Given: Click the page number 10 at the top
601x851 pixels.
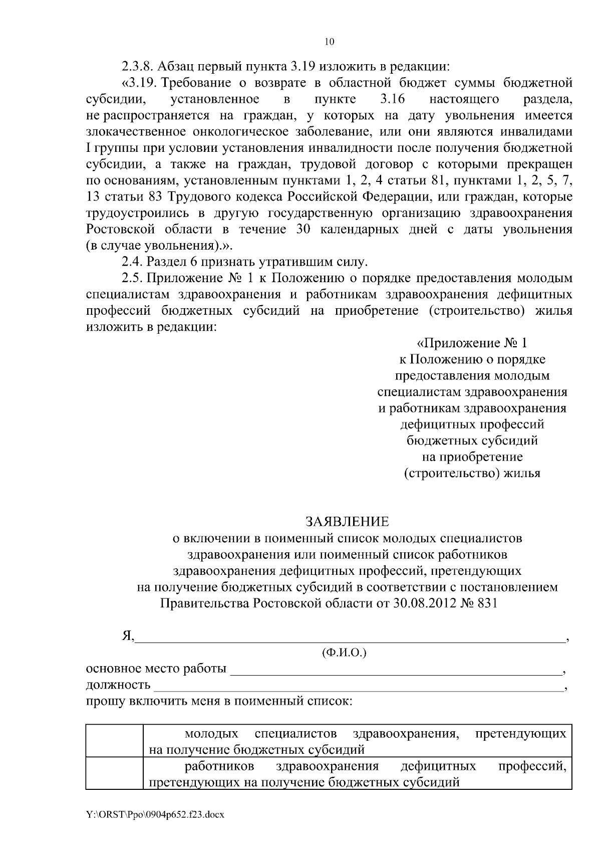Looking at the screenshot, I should point(329,42).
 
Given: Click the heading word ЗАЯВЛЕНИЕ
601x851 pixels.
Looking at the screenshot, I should point(347,522).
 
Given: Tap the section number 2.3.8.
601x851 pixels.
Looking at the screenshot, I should point(138,66).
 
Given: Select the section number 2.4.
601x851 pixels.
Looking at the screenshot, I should point(132,262).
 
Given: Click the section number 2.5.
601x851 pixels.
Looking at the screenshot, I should point(132,278).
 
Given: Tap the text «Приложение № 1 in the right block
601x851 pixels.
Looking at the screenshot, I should point(472,343).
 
